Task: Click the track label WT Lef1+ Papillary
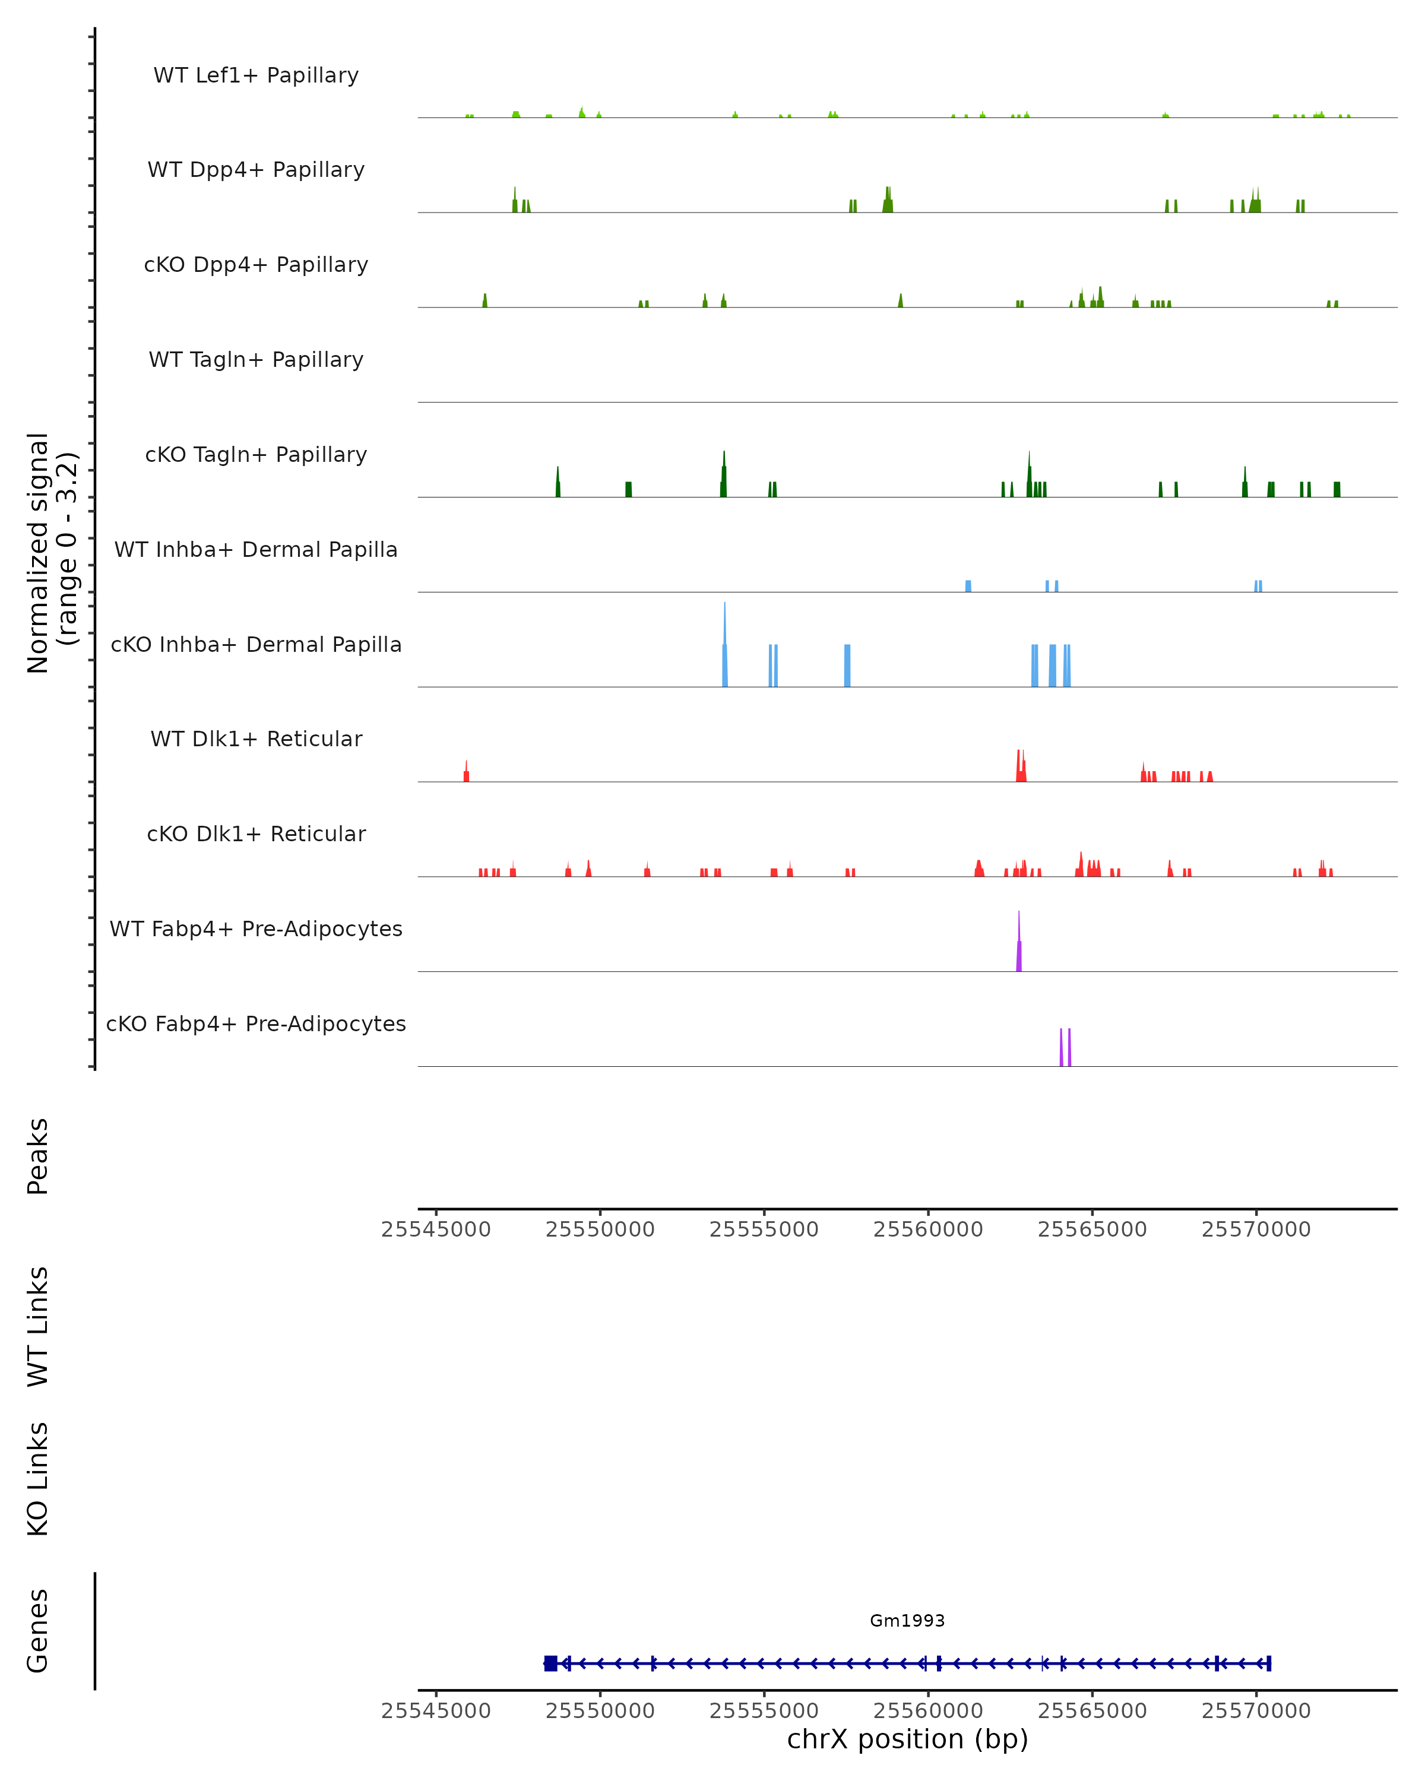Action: point(256,75)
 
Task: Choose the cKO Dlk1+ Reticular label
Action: point(256,834)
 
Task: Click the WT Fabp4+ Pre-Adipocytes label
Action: point(256,928)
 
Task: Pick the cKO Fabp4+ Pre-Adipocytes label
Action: point(256,1023)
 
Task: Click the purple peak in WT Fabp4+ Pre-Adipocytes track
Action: point(1018,950)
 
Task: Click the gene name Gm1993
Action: point(907,1621)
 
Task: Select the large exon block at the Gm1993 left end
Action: point(550,1663)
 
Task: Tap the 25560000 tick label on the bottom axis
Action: point(927,1711)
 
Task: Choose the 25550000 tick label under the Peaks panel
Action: point(600,1229)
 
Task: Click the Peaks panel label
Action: point(38,1156)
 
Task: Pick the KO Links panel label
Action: point(38,1479)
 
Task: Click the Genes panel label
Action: point(38,1631)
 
